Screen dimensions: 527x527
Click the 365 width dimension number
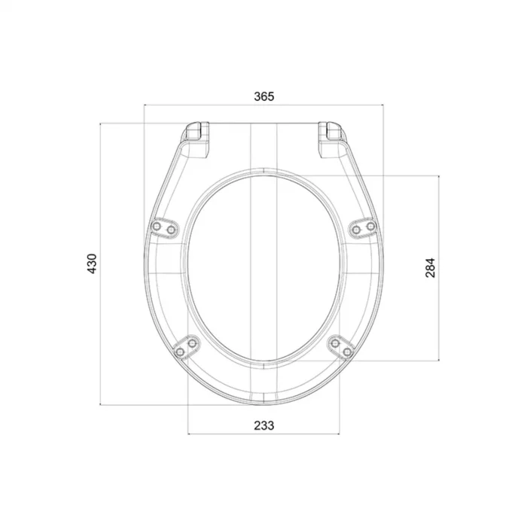coord(263,96)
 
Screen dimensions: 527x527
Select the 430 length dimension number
coord(92,263)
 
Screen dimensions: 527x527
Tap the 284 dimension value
coord(430,267)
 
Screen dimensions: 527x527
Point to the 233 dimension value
coord(263,425)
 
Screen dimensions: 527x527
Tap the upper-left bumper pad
coord(163,227)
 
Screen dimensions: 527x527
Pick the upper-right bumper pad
coord(364,227)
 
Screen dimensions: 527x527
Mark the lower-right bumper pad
coord(341,347)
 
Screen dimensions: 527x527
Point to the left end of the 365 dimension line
coord(143,106)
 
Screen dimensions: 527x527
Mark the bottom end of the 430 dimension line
coord(102,405)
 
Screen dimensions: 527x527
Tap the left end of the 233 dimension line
coord(187,434)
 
